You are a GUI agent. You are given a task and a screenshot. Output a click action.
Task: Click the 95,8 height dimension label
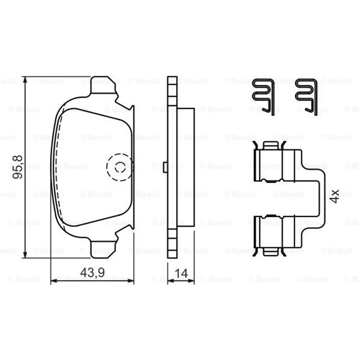coord(18,167)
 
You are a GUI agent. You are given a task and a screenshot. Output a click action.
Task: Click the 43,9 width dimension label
coord(92,273)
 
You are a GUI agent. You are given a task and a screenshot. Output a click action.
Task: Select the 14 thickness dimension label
coord(181,273)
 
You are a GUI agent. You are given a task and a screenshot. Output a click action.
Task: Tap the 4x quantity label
coord(334,196)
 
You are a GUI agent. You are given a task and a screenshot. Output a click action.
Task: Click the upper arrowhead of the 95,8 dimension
coord(25,80)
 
